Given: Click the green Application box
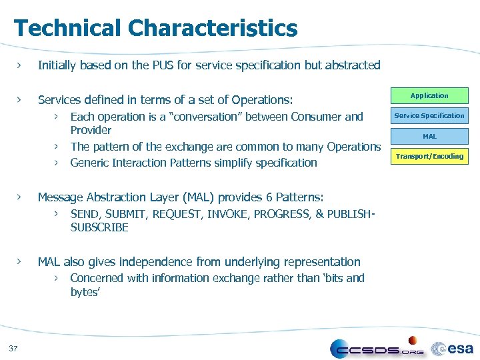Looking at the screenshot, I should [429, 95].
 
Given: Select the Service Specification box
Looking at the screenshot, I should [429, 115].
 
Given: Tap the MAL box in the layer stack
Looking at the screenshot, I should [429, 136].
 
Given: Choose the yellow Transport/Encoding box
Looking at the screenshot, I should [429, 156].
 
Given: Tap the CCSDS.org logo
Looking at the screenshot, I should [377, 347].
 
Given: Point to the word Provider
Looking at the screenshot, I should [91, 130].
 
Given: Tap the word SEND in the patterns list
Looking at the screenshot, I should [84, 214].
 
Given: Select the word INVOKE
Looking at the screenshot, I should [229, 214].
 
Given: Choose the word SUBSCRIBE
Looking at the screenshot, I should [99, 227].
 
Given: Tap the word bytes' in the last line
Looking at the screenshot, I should [85, 292].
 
